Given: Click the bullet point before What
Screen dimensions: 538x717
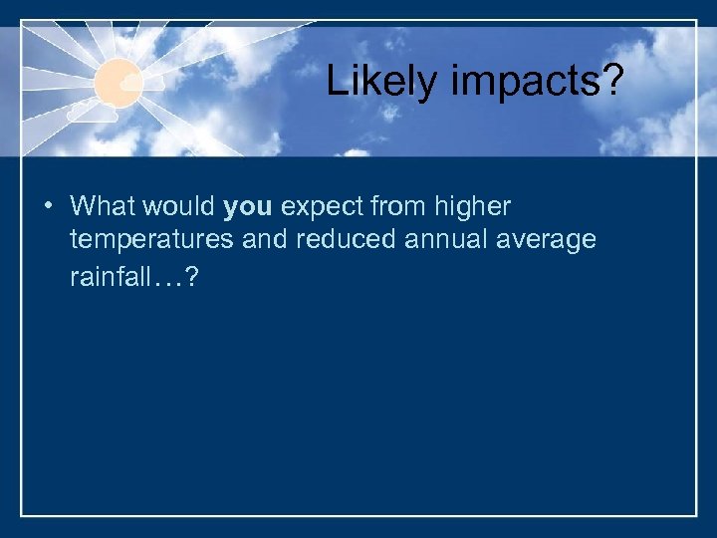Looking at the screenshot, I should pyautogui.click(x=47, y=207).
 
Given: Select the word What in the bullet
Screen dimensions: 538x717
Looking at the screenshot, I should pyautogui.click(x=105, y=207).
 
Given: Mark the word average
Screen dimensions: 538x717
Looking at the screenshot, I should pyautogui.click(x=547, y=241).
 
